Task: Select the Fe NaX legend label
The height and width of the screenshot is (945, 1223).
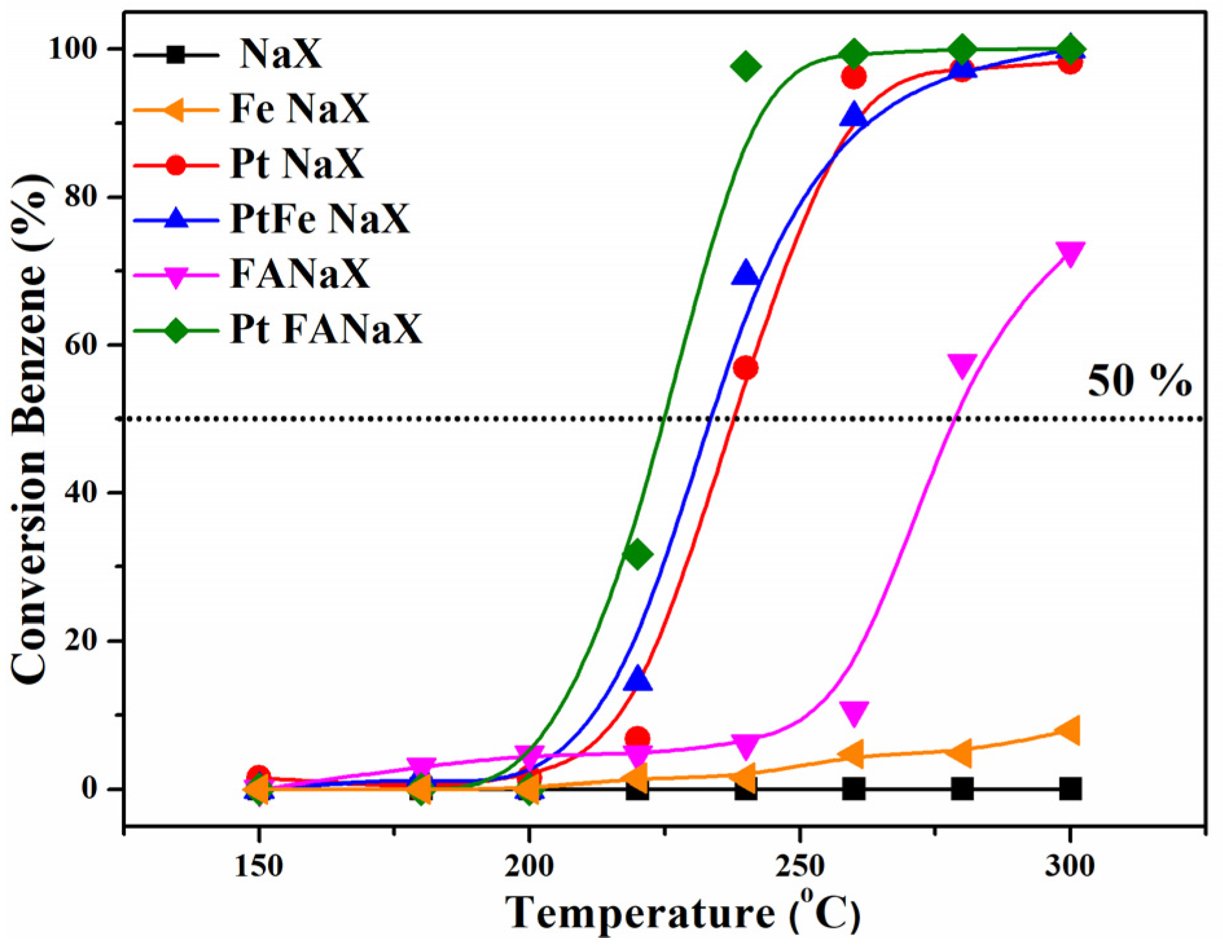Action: click(299, 108)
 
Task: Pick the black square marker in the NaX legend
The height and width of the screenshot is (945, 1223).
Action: click(175, 54)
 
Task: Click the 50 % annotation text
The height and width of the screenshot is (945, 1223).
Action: click(1139, 380)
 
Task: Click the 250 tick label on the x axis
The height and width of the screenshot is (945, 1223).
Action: click(800, 866)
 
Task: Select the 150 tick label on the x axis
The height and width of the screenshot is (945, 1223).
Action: click(258, 866)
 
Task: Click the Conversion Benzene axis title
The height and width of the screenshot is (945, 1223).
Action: click(31, 428)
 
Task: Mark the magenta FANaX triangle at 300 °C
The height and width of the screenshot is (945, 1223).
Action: click(1070, 253)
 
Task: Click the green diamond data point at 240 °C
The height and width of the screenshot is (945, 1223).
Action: click(746, 66)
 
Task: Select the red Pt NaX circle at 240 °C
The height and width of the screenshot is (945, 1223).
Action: click(746, 368)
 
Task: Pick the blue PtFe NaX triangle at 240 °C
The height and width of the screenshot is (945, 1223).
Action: click(746, 274)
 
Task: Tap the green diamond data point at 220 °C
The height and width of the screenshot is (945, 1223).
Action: click(637, 554)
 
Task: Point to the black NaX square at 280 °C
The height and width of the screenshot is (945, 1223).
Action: click(962, 789)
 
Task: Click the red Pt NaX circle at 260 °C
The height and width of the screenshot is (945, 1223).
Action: click(854, 77)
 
